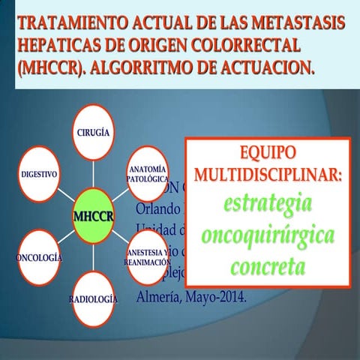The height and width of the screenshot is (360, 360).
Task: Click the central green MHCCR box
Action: [94, 216]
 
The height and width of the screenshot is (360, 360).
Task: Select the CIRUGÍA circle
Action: [94, 132]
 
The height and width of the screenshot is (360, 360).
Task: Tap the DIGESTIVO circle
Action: [38, 173]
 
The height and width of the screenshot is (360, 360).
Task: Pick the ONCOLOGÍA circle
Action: [38, 257]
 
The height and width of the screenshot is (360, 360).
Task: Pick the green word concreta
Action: [267, 266]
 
